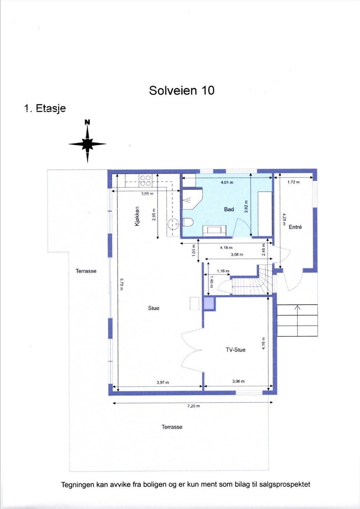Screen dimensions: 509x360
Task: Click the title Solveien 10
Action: (x=182, y=91)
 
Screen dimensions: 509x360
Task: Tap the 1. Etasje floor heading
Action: (x=45, y=108)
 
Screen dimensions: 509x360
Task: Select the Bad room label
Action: (x=229, y=209)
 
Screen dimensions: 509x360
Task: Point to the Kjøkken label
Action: (x=137, y=216)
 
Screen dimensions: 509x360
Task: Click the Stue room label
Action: (x=153, y=308)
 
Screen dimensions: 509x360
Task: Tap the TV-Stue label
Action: (x=235, y=350)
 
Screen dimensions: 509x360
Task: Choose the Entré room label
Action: (x=295, y=227)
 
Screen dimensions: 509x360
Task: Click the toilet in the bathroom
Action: (x=188, y=222)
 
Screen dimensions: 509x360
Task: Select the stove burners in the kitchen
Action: (x=145, y=181)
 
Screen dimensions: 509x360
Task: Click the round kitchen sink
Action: (x=173, y=224)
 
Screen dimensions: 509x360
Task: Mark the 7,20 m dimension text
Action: (x=193, y=406)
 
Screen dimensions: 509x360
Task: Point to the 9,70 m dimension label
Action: (x=121, y=284)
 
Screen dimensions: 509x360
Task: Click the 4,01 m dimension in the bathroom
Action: (x=227, y=182)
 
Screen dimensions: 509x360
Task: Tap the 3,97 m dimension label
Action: (x=163, y=382)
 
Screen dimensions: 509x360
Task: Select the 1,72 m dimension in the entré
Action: (x=293, y=182)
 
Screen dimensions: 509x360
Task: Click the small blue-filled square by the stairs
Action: (x=209, y=303)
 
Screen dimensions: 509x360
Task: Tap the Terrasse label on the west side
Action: (x=86, y=271)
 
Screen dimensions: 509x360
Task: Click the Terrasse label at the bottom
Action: (x=172, y=427)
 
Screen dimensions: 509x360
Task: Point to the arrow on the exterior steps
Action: (x=297, y=308)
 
